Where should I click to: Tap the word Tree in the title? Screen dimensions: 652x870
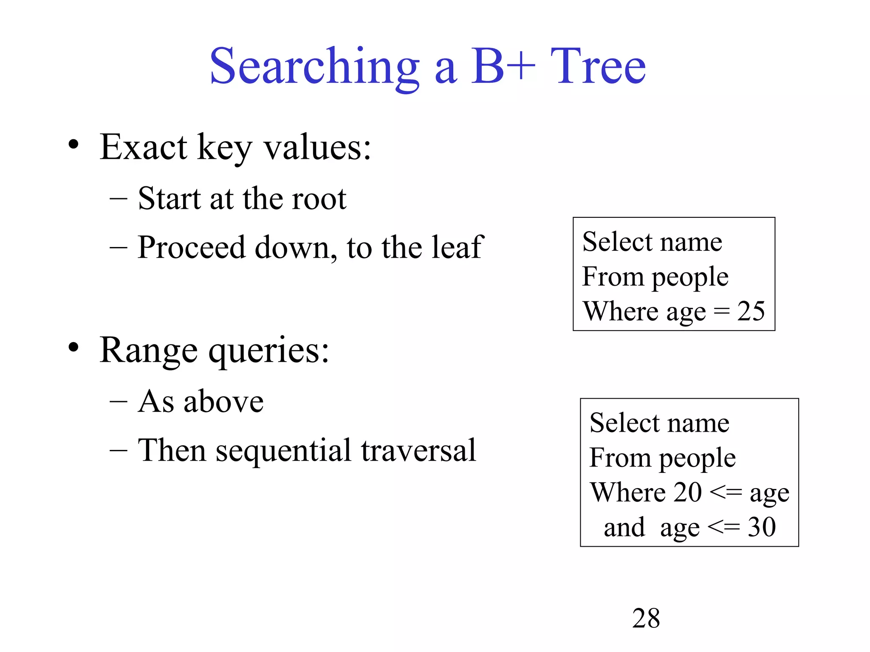(x=598, y=67)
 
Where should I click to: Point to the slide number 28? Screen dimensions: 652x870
(x=646, y=618)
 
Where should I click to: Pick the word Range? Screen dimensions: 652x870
(x=148, y=351)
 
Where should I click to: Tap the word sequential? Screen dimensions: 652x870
(x=283, y=451)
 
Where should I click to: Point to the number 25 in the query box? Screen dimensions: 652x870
(x=751, y=311)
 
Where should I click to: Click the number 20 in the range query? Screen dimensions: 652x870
(x=688, y=492)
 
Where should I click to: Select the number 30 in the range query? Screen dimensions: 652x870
(x=762, y=527)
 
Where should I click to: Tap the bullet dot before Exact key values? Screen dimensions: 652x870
(x=73, y=145)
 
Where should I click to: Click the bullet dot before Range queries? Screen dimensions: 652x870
(x=73, y=348)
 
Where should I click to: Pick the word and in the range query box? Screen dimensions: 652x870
(x=624, y=527)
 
